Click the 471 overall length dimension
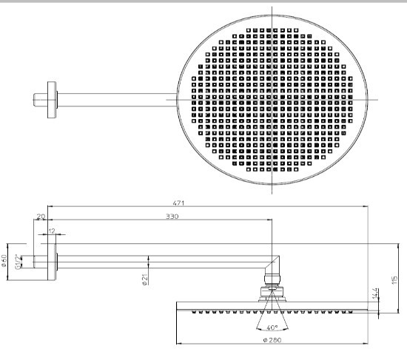(178, 203)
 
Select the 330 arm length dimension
(172, 217)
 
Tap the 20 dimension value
(41, 217)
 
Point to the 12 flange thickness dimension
(53, 231)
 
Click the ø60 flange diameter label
(4, 261)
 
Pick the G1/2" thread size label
(18, 262)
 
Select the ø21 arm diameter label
(145, 279)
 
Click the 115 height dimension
(394, 280)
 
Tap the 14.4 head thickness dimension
(375, 293)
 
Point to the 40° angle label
(272, 327)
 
